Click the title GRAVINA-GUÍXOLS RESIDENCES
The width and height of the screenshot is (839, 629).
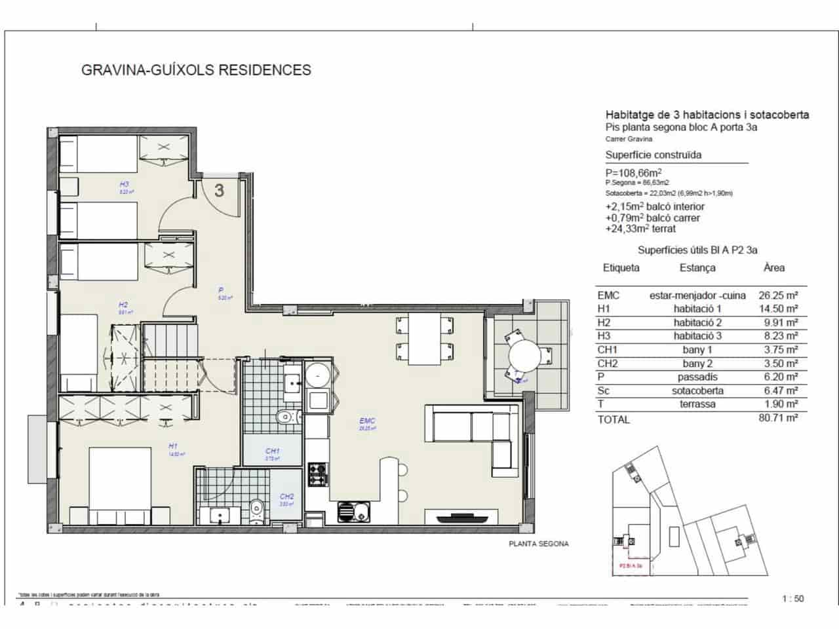click(x=196, y=69)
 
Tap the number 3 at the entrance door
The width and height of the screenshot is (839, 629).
click(x=220, y=190)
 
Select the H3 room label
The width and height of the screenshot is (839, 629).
click(x=124, y=185)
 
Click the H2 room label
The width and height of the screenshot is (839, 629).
click(x=123, y=305)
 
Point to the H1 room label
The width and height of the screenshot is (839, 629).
click(x=173, y=446)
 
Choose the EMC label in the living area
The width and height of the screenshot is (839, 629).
click(x=367, y=421)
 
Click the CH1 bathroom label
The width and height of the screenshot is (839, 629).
click(x=273, y=451)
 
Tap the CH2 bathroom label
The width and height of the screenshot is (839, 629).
click(x=286, y=497)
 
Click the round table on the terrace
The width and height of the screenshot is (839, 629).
click(x=524, y=356)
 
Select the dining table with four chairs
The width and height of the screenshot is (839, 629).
click(x=424, y=339)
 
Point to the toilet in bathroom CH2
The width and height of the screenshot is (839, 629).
click(x=257, y=509)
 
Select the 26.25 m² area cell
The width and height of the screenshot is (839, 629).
click(x=777, y=295)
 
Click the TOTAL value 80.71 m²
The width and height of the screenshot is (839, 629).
click(x=778, y=417)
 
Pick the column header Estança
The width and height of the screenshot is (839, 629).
click(x=697, y=268)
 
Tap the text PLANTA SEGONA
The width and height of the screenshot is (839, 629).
click(x=539, y=544)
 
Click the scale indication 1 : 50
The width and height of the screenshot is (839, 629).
click(x=792, y=598)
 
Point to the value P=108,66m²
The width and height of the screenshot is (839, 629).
click(x=633, y=172)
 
